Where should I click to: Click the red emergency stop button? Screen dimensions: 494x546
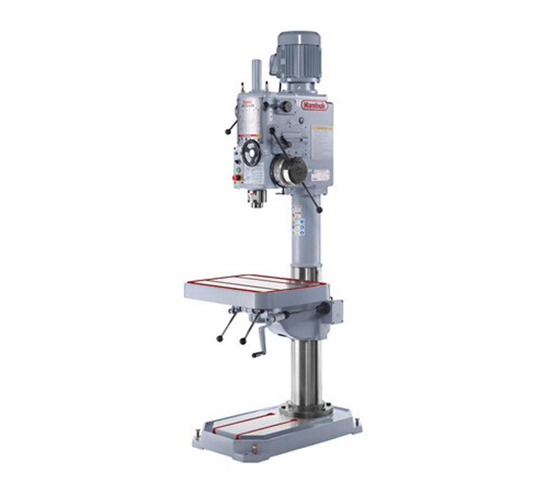coord(236,177)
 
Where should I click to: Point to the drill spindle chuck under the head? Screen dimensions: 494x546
coord(257,198)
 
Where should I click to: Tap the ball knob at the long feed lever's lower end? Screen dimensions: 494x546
coord(319,210)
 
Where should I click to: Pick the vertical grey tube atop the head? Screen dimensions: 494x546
coord(256,78)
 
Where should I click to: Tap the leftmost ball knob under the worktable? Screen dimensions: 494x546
coord(219,338)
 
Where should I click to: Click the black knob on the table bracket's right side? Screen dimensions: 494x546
coord(326,308)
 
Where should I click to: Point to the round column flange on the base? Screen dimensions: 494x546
coord(306,408)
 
